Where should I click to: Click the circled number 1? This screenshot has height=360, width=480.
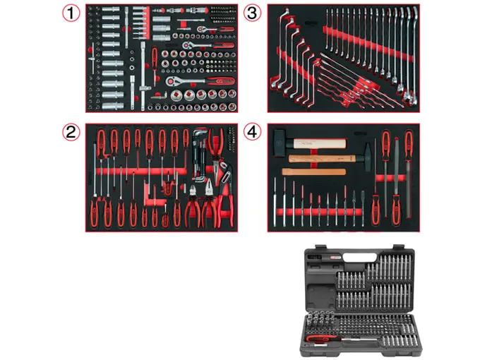[x=71, y=13]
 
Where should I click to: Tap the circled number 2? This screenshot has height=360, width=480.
[x=71, y=132]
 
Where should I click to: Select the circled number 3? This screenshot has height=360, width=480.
[x=252, y=13]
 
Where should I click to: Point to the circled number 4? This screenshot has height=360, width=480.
[x=252, y=132]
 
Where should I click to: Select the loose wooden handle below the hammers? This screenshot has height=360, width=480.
[x=314, y=172]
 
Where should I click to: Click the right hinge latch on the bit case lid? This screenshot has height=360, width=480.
[x=398, y=247]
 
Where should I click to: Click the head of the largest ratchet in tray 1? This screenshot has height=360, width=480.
[x=172, y=81]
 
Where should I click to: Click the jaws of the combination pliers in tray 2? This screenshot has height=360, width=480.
[x=209, y=187]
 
